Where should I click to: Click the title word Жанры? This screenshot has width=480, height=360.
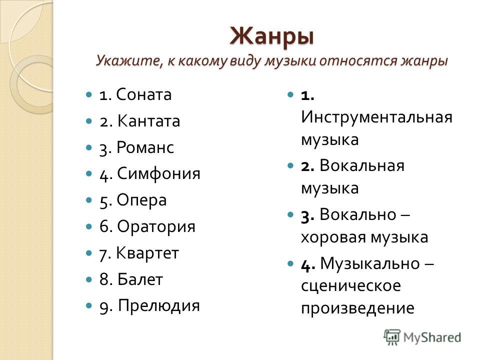tap(272, 36)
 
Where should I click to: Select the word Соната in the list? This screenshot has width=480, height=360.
tap(144, 94)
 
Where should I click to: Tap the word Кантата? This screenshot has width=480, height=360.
tap(148, 120)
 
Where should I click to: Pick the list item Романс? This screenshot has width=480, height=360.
tap(145, 147)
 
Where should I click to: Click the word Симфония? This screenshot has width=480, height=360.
tap(158, 173)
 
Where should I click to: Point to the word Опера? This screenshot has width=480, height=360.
tap(141, 200)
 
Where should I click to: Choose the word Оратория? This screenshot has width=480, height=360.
tap(156, 226)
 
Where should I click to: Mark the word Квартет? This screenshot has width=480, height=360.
tap(147, 253)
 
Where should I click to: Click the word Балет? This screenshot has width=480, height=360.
tap(140, 279)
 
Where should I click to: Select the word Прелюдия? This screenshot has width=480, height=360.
tap(159, 305)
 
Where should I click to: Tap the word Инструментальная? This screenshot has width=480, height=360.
tap(376, 117)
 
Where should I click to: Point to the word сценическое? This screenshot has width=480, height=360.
tap(351, 286)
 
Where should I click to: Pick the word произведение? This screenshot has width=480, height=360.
tap(357, 308)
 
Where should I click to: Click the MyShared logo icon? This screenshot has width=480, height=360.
tap(392, 337)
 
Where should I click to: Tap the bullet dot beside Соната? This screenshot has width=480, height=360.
tap(89, 94)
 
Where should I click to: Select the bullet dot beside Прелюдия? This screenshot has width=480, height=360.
tap(89, 305)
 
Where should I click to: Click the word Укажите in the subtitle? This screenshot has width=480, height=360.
tap(130, 61)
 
